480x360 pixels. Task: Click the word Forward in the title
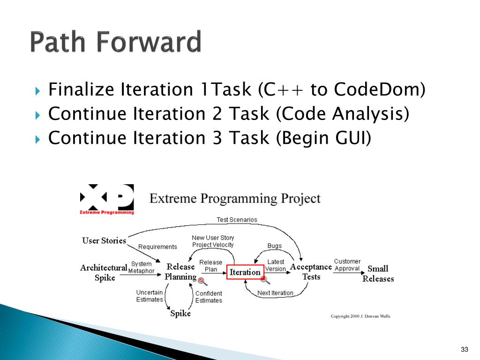149,42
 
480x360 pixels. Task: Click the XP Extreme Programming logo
107,199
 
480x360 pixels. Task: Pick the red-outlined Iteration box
245,272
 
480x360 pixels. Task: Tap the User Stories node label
104,240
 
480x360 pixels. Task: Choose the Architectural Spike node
104,272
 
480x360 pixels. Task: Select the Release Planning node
180,271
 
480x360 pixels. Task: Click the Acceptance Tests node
311,271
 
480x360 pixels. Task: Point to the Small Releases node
378,274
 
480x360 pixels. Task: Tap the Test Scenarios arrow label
237,220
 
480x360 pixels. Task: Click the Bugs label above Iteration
274,246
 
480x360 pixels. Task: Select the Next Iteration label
275,293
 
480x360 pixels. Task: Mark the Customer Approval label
347,265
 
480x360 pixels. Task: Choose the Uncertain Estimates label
150,296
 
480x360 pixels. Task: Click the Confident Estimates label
209,297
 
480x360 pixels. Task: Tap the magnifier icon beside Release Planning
202,281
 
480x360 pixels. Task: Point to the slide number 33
465,349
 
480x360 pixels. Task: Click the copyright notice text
360,316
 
